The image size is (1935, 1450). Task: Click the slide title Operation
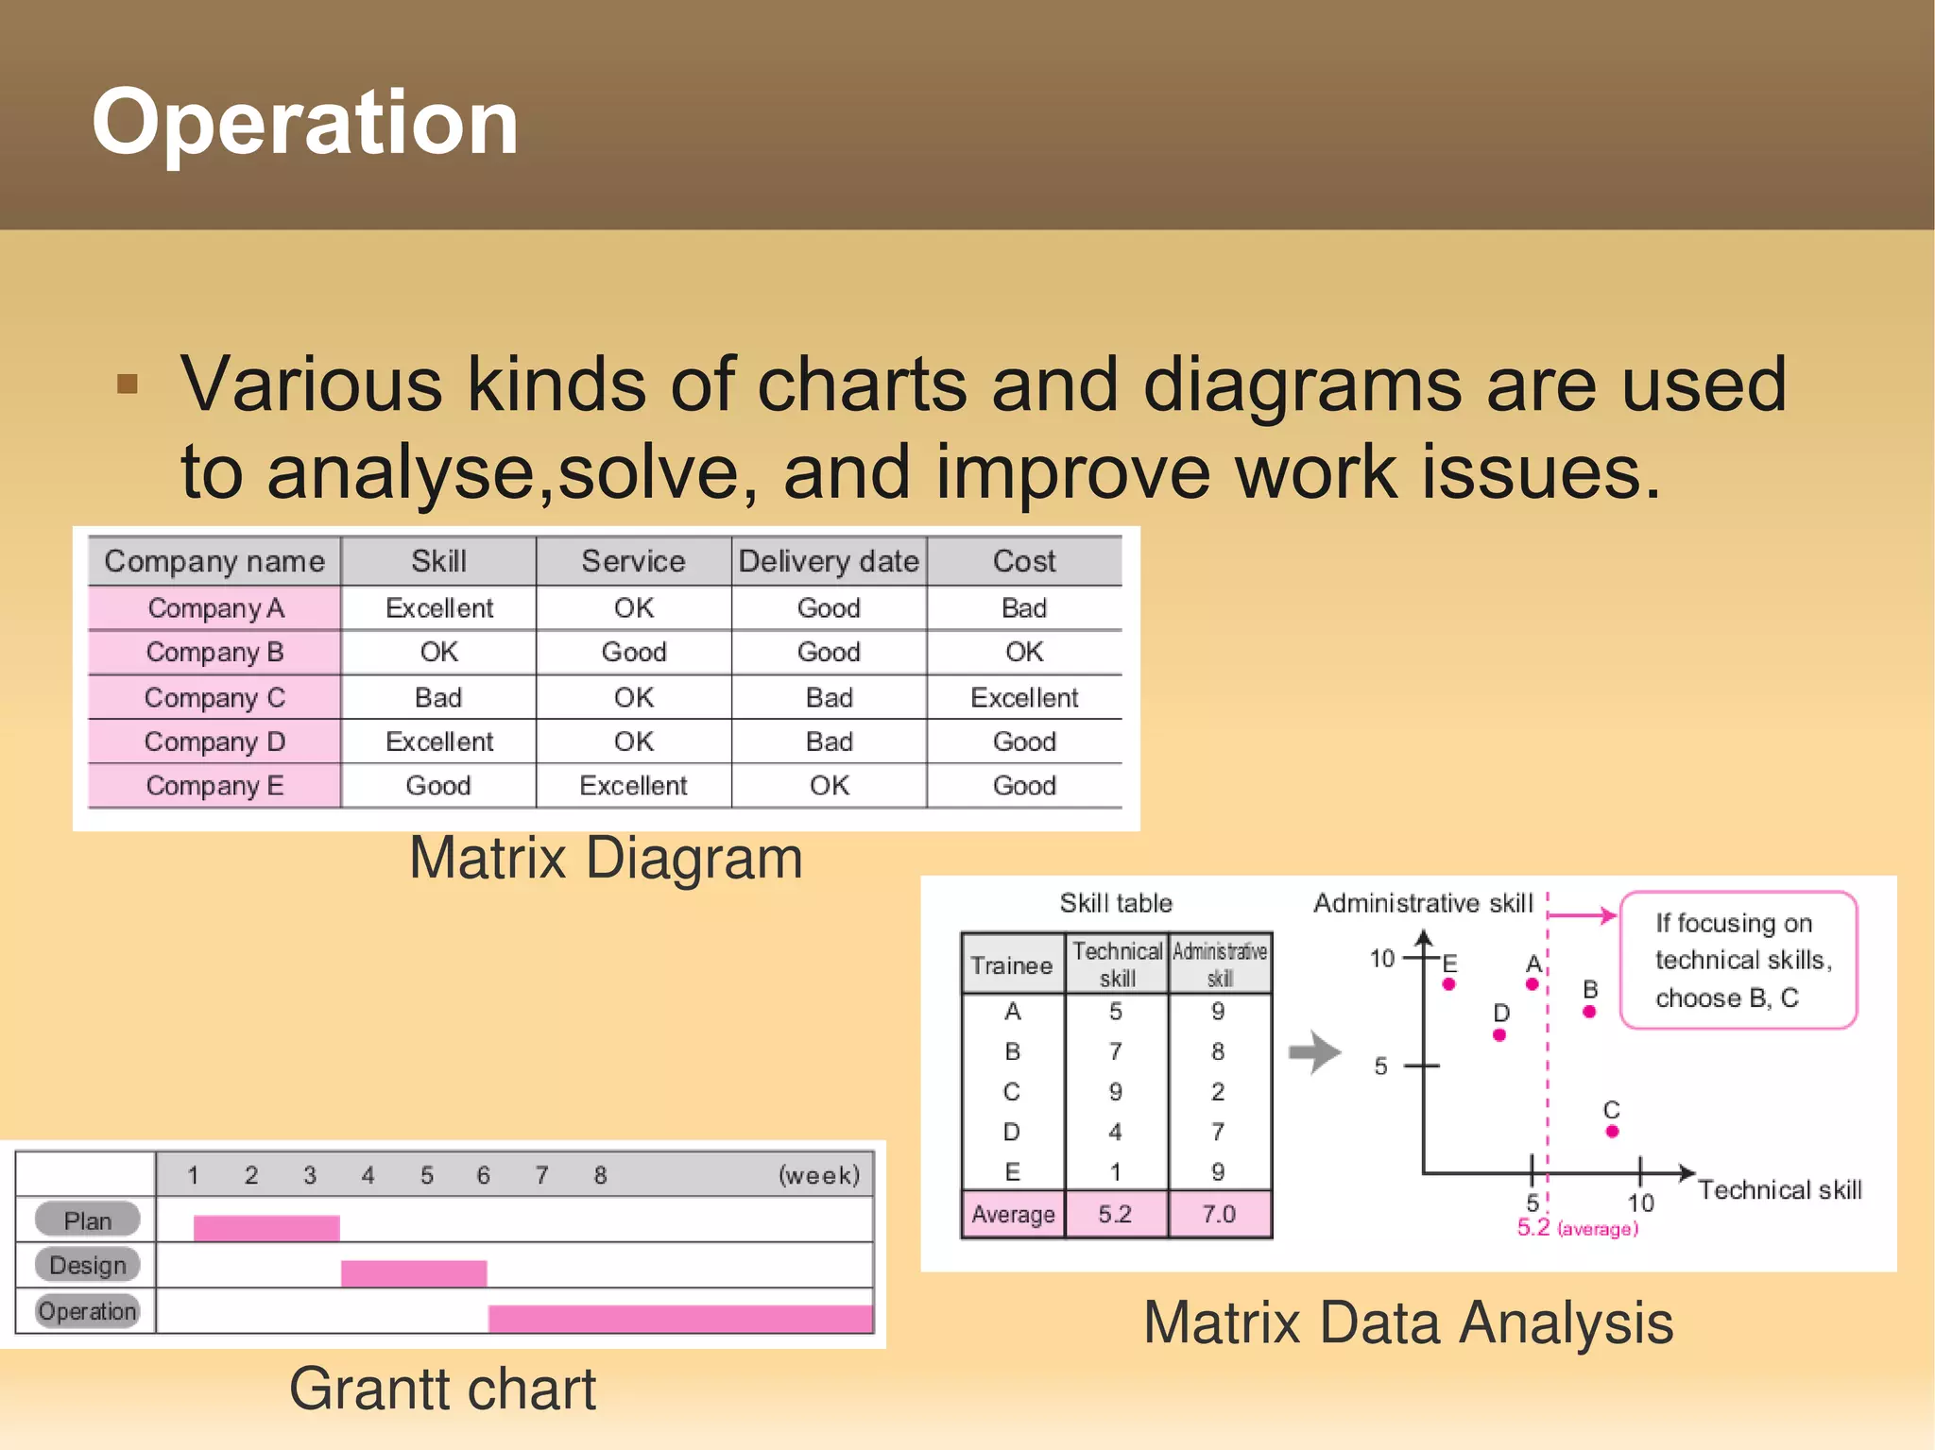(304, 123)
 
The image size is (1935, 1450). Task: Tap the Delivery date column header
(829, 561)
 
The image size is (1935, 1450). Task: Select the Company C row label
(214, 697)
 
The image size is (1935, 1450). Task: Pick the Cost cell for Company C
(1024, 697)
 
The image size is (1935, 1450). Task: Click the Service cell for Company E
(633, 785)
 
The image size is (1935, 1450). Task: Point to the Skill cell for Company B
(439, 652)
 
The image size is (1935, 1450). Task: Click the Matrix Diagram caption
(606, 858)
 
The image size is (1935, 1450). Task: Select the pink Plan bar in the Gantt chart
(266, 1227)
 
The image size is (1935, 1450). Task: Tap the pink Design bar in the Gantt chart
(414, 1272)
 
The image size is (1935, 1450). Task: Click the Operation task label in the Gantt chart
(87, 1311)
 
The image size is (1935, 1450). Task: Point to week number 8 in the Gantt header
(600, 1175)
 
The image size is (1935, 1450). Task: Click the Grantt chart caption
(442, 1389)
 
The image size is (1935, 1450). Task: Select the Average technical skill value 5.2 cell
(1115, 1214)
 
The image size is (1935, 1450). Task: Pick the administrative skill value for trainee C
(1218, 1092)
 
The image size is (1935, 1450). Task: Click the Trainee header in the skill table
(1012, 965)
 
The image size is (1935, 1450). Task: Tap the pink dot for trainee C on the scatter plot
(1612, 1131)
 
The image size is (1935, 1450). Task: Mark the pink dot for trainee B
(1589, 1012)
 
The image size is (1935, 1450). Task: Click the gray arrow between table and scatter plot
(1315, 1052)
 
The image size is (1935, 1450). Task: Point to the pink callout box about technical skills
(1738, 960)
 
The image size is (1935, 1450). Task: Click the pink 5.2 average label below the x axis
(1533, 1228)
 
